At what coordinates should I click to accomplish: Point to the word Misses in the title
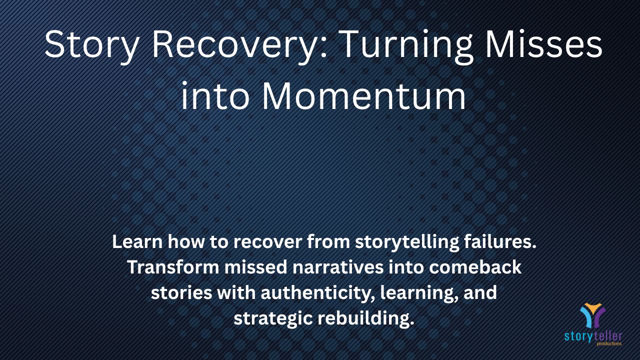point(543,44)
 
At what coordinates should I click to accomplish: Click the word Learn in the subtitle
point(137,241)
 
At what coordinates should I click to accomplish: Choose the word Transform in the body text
point(173,267)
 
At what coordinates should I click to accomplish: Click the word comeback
point(475,267)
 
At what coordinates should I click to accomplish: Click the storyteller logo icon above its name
point(592,315)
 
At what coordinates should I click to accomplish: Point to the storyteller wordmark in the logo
point(593,336)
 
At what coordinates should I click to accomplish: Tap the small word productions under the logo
point(609,343)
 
